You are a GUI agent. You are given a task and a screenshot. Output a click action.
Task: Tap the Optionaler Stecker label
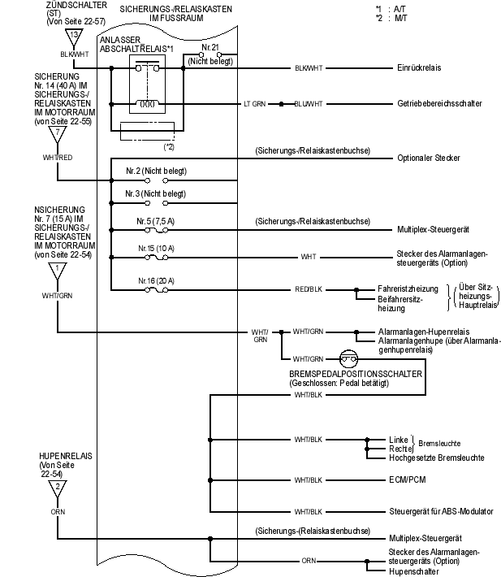[x=429, y=157]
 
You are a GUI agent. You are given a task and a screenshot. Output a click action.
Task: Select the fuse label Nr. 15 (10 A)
[x=156, y=247]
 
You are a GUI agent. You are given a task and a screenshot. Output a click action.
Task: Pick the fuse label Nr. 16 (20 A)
[x=156, y=280]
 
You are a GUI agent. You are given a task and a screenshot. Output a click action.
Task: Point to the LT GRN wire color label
[x=255, y=104]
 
